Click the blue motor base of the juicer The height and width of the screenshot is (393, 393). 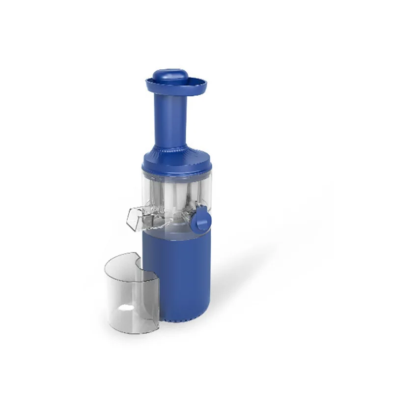pyautogui.click(x=182, y=275)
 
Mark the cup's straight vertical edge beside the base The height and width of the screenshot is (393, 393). pyautogui.click(x=157, y=295)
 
